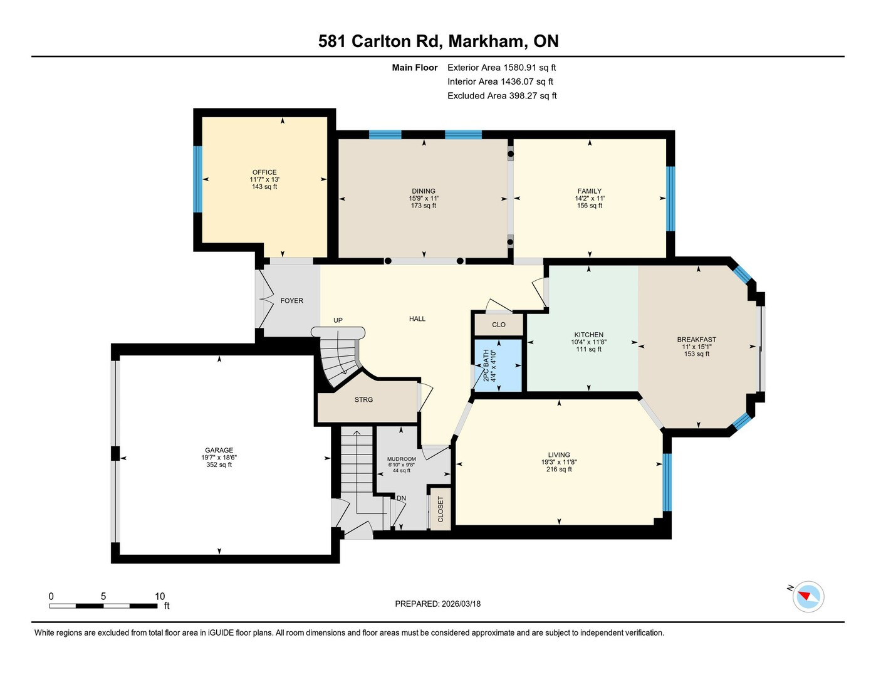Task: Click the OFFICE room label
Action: click(264, 172)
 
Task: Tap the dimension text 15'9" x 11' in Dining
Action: click(424, 198)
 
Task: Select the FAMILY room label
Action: click(590, 191)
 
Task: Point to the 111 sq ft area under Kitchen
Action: click(588, 349)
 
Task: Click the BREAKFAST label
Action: click(697, 340)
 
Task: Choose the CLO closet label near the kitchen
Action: click(499, 325)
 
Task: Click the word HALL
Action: click(417, 318)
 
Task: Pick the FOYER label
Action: click(292, 301)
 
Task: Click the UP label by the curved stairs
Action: click(338, 320)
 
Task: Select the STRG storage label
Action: click(363, 399)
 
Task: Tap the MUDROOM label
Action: click(402, 459)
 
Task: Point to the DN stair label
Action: click(401, 498)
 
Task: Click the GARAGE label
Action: click(219, 450)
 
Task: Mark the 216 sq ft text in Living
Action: click(559, 470)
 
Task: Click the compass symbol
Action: click(808, 596)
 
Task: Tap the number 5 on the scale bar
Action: click(103, 596)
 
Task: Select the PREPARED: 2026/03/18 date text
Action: click(438, 604)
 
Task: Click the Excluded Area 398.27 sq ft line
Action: click(502, 96)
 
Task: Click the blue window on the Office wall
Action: click(197, 179)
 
